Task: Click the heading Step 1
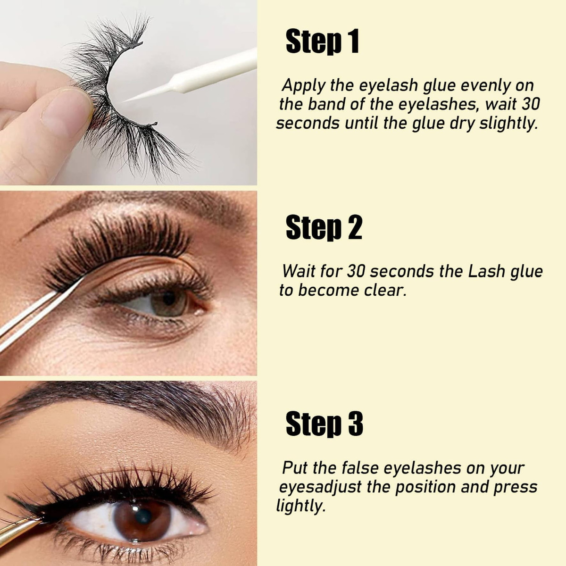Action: (x=322, y=41)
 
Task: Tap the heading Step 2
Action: (x=324, y=227)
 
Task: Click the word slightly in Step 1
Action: (x=509, y=124)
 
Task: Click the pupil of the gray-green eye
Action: (x=169, y=299)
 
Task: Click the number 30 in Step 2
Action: (x=356, y=272)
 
